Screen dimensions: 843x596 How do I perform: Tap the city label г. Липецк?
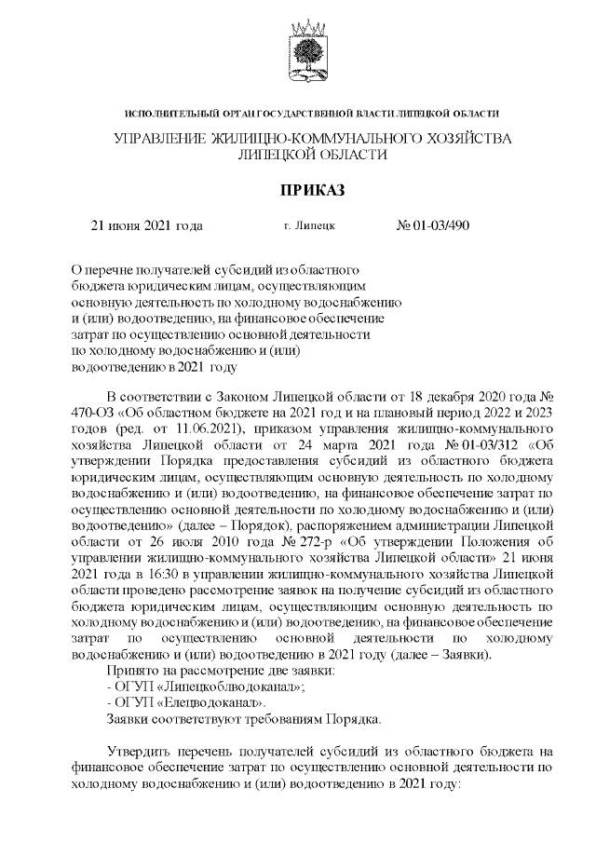(309, 225)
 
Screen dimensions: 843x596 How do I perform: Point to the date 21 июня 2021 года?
(145, 225)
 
